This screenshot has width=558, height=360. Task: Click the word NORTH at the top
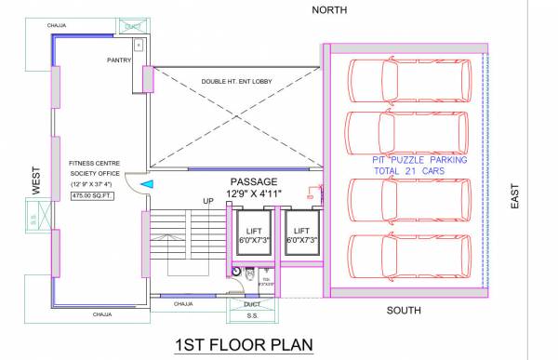(330, 9)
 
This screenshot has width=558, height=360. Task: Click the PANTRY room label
(120, 60)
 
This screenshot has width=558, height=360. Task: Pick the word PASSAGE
(254, 180)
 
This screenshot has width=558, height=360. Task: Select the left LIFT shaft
(253, 234)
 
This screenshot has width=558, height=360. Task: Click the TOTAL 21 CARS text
(406, 172)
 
